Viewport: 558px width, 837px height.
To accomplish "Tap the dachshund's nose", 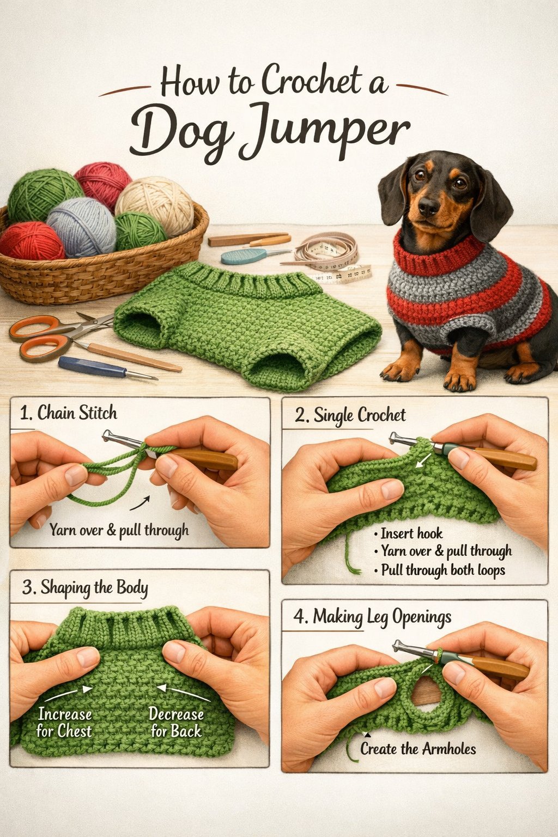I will [x=428, y=206].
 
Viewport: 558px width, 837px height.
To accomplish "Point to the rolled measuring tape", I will [x=327, y=251].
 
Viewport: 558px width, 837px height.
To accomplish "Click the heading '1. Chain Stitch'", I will [x=69, y=413].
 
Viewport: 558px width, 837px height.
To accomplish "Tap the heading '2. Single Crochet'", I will [x=350, y=415].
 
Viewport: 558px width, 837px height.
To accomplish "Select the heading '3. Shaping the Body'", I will [x=85, y=587].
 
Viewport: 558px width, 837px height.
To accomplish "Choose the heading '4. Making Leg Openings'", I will [x=373, y=617].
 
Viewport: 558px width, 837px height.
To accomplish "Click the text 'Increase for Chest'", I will [x=64, y=723].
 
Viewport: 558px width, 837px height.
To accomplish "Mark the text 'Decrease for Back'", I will [x=176, y=723].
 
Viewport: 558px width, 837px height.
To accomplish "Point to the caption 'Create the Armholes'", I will [x=418, y=749].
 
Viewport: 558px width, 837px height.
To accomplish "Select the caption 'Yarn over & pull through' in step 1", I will [x=119, y=530].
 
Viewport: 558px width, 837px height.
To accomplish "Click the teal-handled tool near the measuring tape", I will [x=245, y=255].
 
